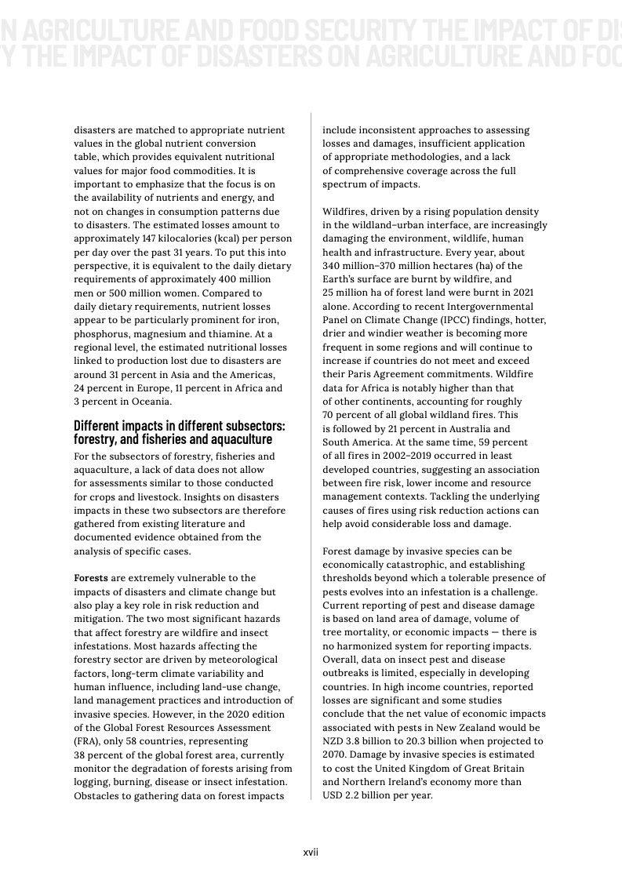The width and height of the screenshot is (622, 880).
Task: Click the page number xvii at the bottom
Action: click(311, 852)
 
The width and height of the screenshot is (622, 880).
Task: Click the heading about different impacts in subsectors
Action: click(179, 433)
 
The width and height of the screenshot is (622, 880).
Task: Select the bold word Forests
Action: click(91, 578)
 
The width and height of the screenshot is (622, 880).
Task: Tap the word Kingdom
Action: click(425, 769)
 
